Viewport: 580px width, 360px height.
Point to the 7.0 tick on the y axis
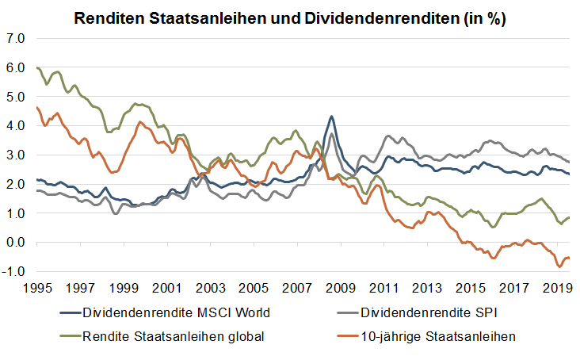(16, 38)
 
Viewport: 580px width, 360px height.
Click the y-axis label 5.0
(16, 97)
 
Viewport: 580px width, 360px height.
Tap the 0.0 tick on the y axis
(16, 243)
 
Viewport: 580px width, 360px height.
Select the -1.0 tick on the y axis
(14, 272)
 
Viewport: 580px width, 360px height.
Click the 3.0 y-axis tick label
(16, 155)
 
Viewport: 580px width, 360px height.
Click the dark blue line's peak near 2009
(331, 117)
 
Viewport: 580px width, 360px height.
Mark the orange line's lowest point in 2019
(559, 266)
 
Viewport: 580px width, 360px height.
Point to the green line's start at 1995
(37, 68)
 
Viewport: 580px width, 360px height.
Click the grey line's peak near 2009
(332, 134)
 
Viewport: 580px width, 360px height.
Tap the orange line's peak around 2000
(140, 122)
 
